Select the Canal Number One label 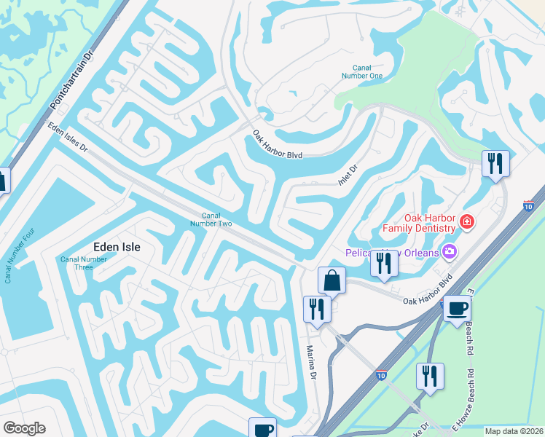coord(362,71)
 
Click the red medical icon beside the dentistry coord(466,221)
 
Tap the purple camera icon coord(450,252)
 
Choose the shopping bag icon coord(331,280)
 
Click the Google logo coord(24,428)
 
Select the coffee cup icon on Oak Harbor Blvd coord(457,308)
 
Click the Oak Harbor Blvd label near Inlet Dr coord(276,145)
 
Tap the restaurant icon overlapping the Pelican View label coord(383,263)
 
